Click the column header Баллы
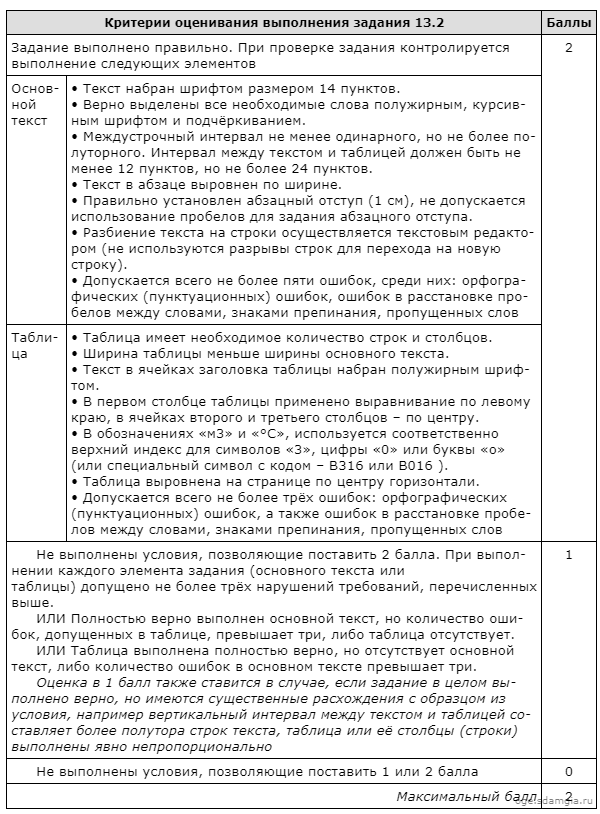click(568, 22)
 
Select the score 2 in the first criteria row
click(568, 48)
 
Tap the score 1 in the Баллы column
click(568, 554)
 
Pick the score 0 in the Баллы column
click(568, 771)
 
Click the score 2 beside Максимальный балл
click(568, 796)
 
